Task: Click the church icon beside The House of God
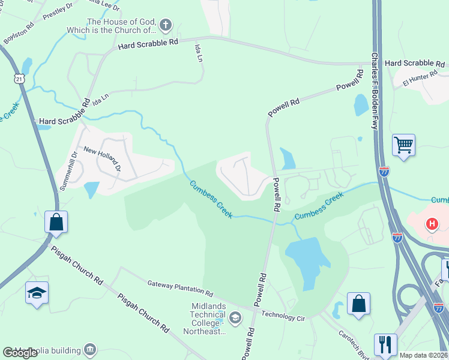tap(166, 26)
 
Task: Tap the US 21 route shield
tap(20, 79)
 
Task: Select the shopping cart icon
tap(404, 145)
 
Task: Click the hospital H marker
tap(431, 225)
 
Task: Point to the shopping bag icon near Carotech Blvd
tap(358, 304)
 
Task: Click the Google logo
tap(20, 353)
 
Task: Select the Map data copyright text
tap(424, 355)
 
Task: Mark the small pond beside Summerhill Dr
tap(91, 190)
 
